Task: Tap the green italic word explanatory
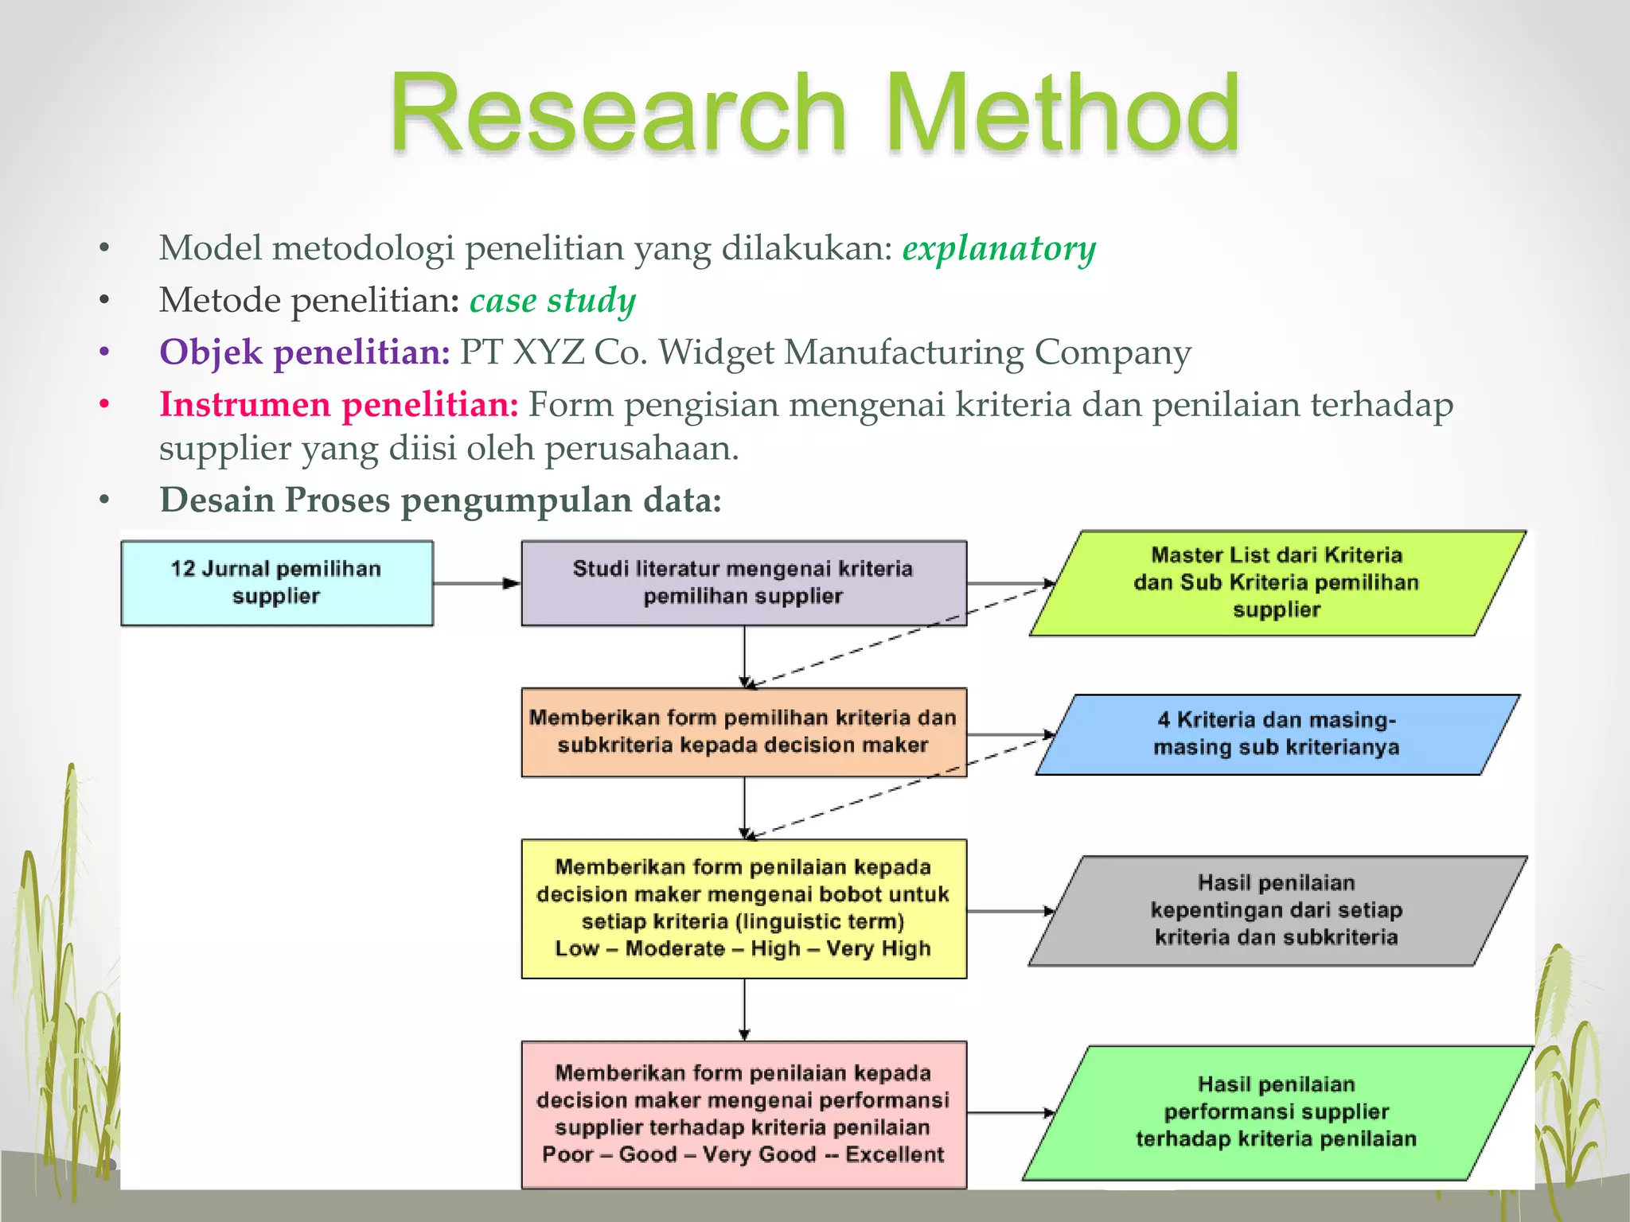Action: tap(999, 248)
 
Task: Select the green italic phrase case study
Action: tap(552, 301)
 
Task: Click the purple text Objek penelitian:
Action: tap(305, 352)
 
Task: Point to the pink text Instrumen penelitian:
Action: tap(339, 404)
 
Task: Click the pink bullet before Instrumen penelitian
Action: tap(104, 404)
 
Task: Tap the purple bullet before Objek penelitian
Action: tap(104, 352)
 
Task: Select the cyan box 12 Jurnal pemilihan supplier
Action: tap(277, 583)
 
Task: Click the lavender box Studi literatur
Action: tap(743, 583)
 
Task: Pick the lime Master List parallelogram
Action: tap(1277, 583)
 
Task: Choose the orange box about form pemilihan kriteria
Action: tap(743, 732)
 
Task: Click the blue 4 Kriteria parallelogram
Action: tap(1277, 734)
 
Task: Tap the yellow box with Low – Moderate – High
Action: tap(743, 909)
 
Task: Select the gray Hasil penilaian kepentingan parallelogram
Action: tap(1277, 911)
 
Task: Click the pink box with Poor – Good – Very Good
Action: tap(743, 1114)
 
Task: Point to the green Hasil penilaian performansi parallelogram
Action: tap(1277, 1112)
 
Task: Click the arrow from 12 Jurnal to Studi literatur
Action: tap(477, 583)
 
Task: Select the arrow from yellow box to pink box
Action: tap(744, 1009)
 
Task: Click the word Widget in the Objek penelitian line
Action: tap(715, 352)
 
